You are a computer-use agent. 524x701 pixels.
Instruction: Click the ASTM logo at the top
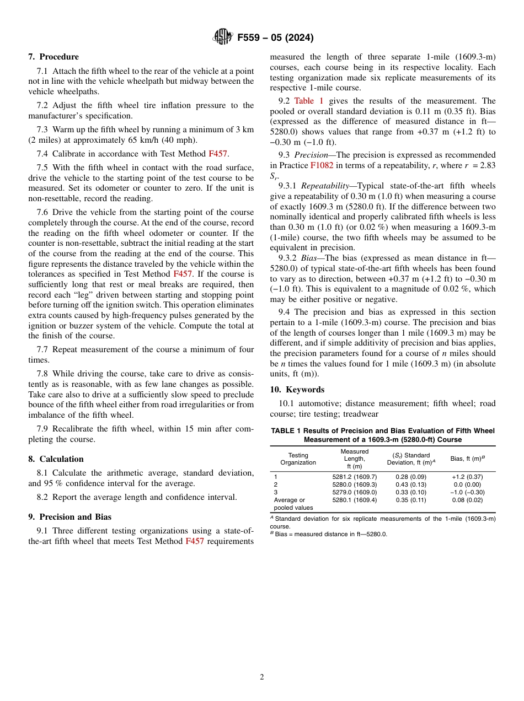[223, 37]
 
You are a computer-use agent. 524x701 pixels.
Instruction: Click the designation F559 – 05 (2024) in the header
[275, 38]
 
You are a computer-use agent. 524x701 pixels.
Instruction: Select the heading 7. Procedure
[54, 57]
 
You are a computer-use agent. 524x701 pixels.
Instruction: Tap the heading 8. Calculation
[56, 459]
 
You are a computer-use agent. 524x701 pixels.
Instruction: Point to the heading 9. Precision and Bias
[69, 517]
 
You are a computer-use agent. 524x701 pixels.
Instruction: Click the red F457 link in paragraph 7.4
[217, 154]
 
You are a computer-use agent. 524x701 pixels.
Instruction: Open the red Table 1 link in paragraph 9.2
[309, 101]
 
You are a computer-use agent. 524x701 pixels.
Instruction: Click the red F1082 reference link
[322, 165]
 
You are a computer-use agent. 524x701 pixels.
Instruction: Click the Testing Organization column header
[298, 459]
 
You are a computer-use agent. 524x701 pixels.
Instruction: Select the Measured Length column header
[354, 459]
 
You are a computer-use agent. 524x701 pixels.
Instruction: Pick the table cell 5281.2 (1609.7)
[354, 477]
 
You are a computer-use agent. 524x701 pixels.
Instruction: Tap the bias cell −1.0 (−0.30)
[467, 492]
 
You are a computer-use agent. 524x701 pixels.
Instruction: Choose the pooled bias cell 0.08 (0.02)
[467, 500]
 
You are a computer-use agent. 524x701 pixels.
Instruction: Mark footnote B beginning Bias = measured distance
[328, 534]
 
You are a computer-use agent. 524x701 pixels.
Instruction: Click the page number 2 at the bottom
[262, 677]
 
